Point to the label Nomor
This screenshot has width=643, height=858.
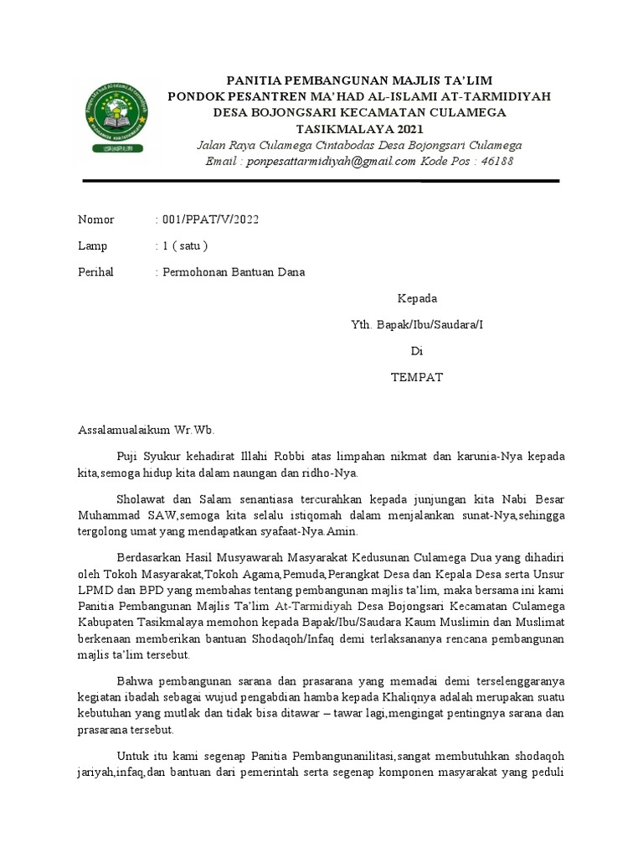pos(95,220)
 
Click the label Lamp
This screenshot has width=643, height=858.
pos(94,246)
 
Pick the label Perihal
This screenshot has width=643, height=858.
pos(95,271)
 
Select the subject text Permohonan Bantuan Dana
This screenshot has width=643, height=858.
pos(234,271)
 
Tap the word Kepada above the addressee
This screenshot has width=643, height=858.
pos(416,298)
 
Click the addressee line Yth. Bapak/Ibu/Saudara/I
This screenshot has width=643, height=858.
pos(416,324)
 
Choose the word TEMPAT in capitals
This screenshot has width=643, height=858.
pos(416,377)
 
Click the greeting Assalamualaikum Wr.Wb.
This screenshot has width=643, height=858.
pos(147,430)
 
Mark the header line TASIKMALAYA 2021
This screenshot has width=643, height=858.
pos(360,129)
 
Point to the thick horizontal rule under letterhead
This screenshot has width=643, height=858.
pos(321,181)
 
